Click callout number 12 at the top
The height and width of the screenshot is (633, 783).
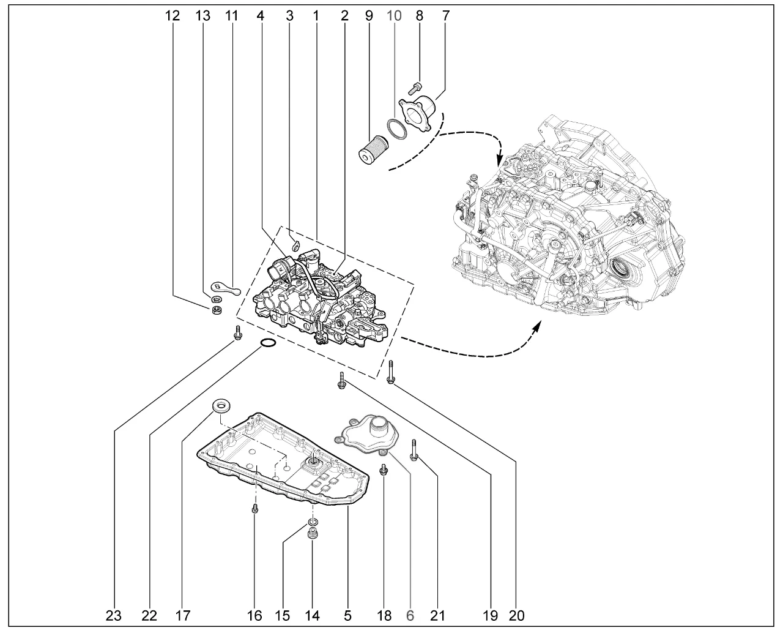pos(173,16)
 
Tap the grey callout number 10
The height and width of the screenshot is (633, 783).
pos(395,16)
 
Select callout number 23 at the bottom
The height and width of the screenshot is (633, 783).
pos(114,615)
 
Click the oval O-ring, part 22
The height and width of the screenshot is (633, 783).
pos(267,343)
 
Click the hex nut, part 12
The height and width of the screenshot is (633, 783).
pos(215,310)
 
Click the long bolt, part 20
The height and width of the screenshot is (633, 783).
pos(390,371)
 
